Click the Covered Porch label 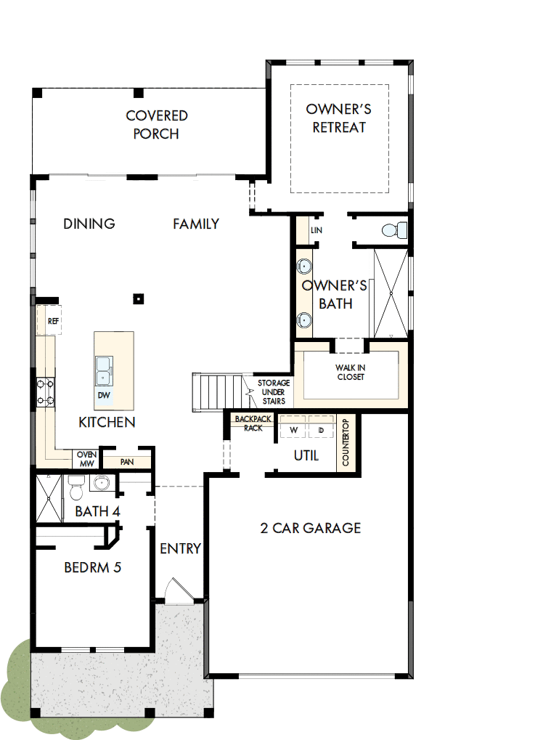pyautogui.click(x=156, y=125)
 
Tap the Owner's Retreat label pyautogui.click(x=339, y=118)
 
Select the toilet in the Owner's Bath pyautogui.click(x=393, y=231)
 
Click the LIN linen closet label pyautogui.click(x=316, y=230)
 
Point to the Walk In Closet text pyautogui.click(x=350, y=373)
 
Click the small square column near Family pyautogui.click(x=138, y=298)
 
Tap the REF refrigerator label pyautogui.click(x=52, y=320)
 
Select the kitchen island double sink pyautogui.click(x=105, y=370)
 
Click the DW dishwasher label pyautogui.click(x=105, y=395)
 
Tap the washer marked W pyautogui.click(x=294, y=430)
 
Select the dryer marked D pyautogui.click(x=321, y=430)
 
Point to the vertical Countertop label pyautogui.click(x=346, y=444)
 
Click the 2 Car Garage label pyautogui.click(x=310, y=528)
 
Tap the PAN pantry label pyautogui.click(x=126, y=461)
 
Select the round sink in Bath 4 pyautogui.click(x=99, y=483)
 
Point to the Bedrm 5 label pyautogui.click(x=92, y=567)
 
